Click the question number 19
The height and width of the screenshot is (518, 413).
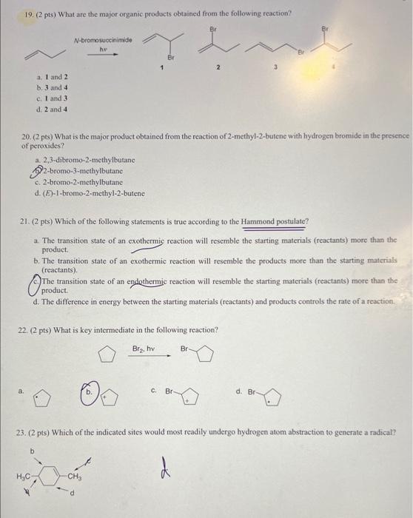[x=20, y=13]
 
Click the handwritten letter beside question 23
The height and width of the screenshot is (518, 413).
[x=164, y=468]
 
